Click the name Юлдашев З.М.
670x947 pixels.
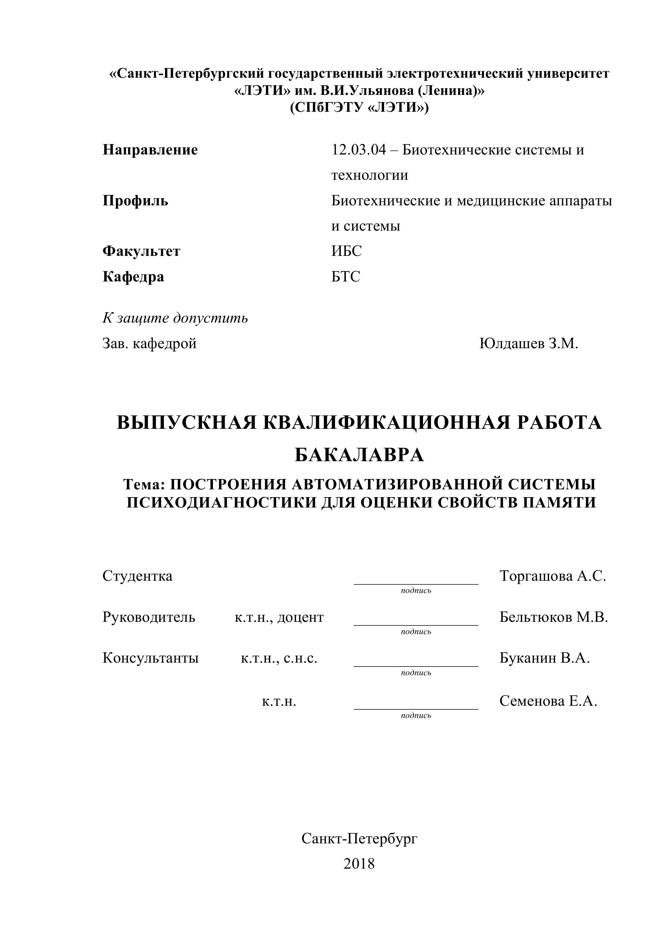528,343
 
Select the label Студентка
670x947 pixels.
137,576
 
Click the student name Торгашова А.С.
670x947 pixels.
552,576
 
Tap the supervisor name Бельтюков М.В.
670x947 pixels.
553,617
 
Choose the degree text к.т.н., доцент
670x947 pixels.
279,617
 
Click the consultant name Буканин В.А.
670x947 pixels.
544,658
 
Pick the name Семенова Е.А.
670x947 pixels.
548,701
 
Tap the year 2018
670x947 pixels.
359,863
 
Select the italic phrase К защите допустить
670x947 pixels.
175,318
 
